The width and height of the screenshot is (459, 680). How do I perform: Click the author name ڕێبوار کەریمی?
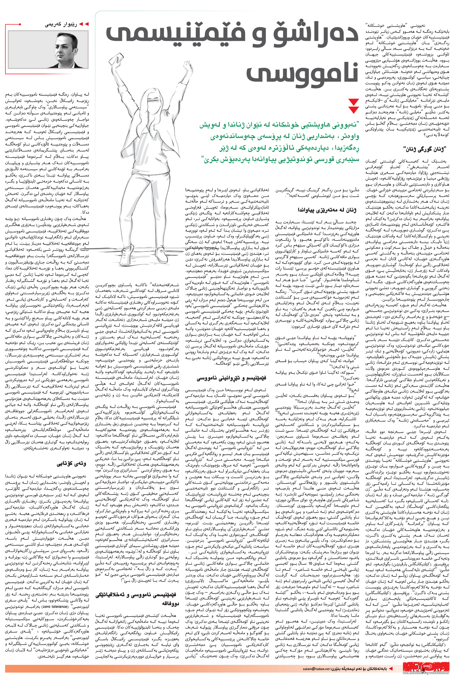62,24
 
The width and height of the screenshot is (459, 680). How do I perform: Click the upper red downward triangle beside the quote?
353,102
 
